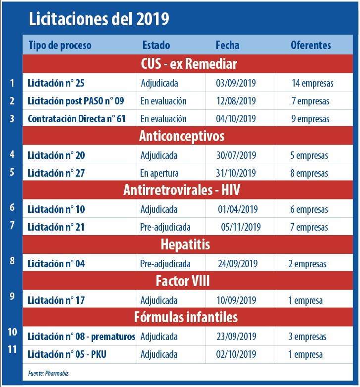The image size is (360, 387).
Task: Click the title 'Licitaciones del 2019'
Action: tap(99, 19)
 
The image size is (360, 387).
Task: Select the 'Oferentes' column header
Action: tap(310, 45)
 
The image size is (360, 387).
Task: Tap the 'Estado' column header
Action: tap(156, 45)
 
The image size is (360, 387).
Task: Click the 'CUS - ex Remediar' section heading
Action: tap(189, 64)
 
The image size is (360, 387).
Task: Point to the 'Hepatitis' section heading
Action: tap(185, 244)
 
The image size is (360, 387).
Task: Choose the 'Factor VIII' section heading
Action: tap(183, 281)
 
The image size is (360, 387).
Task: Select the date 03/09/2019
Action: tap(237, 83)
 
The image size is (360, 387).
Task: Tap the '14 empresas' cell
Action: tap(312, 83)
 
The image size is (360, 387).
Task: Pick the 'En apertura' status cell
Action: tap(159, 173)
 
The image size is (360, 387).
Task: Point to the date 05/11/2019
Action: tap(241, 227)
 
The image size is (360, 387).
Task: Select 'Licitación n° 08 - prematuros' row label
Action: tap(81, 337)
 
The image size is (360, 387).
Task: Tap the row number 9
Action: tap(12, 296)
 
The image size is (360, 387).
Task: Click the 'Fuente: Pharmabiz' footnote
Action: tap(48, 373)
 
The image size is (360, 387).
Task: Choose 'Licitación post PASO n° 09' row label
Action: tap(76, 101)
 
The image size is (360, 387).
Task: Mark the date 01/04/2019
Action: tap(238, 209)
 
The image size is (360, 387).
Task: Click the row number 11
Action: tap(12, 349)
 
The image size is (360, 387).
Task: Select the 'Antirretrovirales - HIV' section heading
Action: tap(189, 191)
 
